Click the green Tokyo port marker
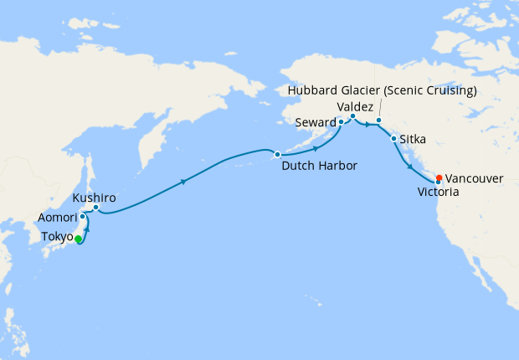click(x=78, y=239)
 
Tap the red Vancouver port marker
click(x=439, y=177)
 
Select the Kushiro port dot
click(x=95, y=207)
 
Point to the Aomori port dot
click(x=82, y=217)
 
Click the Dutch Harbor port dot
click(x=277, y=154)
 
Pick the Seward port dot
click(x=341, y=122)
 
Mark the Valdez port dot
click(x=352, y=116)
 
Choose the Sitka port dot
click(x=393, y=138)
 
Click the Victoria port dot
click(x=438, y=182)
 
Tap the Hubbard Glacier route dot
click(x=378, y=121)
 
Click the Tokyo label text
click(x=57, y=238)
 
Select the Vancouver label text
click(x=475, y=178)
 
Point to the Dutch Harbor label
click(x=319, y=166)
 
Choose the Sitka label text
click(x=414, y=138)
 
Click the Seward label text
click(x=315, y=122)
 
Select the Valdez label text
click(x=353, y=106)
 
